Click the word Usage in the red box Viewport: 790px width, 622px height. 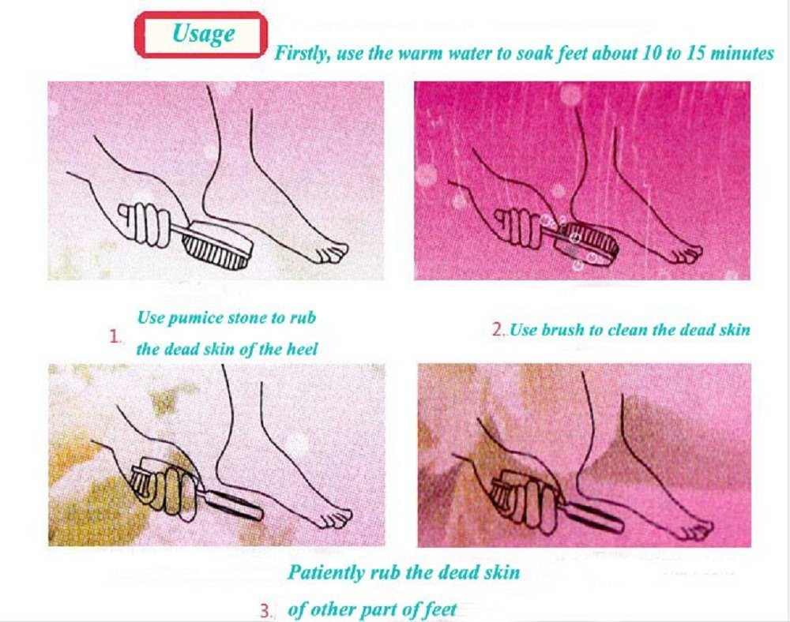pyautogui.click(x=203, y=34)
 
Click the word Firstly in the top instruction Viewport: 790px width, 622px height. pyautogui.click(x=302, y=54)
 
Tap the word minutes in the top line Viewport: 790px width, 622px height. pyautogui.click(x=742, y=53)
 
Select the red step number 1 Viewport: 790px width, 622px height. pyautogui.click(x=115, y=337)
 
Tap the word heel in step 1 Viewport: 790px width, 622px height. pyautogui.click(x=302, y=349)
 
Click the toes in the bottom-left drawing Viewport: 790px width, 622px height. pyautogui.click(x=335, y=518)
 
